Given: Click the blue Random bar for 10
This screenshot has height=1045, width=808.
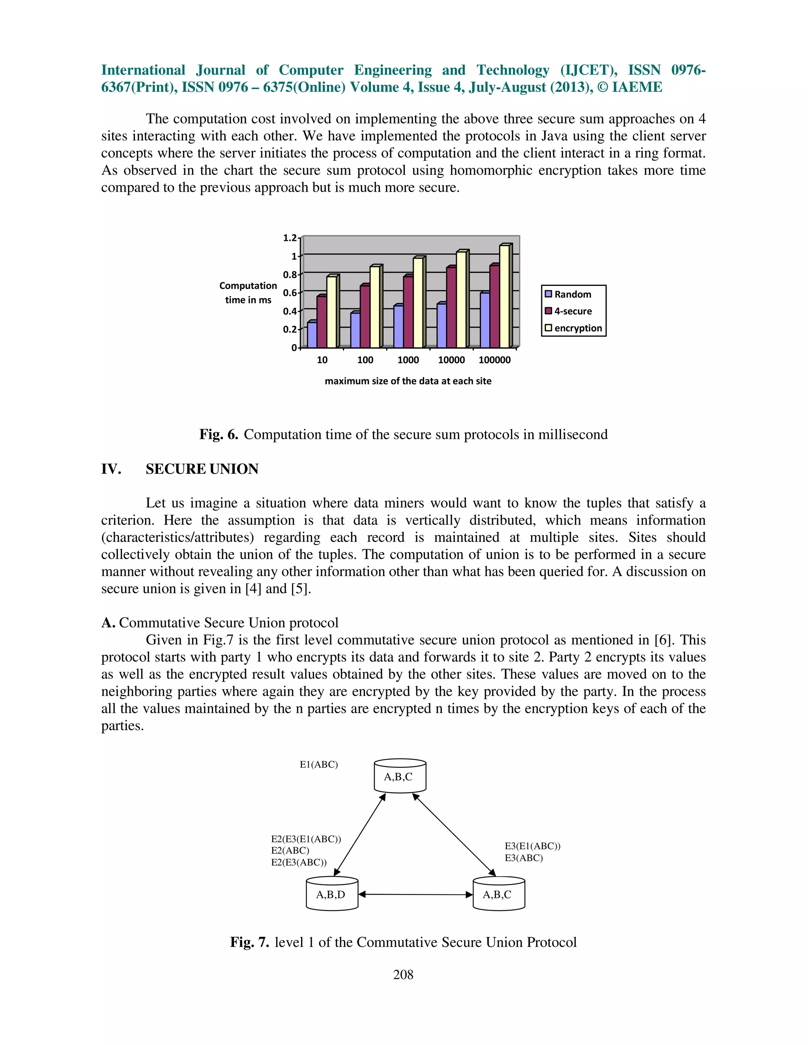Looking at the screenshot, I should coord(312,334).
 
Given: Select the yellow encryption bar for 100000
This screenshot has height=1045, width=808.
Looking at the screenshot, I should coord(504,296).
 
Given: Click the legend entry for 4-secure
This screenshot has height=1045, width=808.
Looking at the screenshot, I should coord(568,311).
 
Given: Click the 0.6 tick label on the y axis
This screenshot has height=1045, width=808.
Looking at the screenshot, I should coord(290,293).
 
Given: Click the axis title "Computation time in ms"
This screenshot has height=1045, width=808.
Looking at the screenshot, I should coord(248,292).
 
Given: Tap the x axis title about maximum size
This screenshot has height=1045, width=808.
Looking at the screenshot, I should coord(408,381).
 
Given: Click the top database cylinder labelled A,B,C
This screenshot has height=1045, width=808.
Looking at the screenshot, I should coord(400,776).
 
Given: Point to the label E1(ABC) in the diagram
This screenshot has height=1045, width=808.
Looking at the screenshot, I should coord(318,765).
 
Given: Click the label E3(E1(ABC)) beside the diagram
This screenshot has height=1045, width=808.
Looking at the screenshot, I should coord(532,846).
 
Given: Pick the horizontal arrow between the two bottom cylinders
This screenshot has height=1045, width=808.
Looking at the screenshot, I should coord(415,894).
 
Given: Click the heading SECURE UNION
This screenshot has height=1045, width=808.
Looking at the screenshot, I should coord(202,469).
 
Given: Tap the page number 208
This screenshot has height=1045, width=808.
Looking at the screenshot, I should coord(403,975).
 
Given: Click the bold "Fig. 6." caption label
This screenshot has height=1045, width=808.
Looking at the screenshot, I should coord(219,435).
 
